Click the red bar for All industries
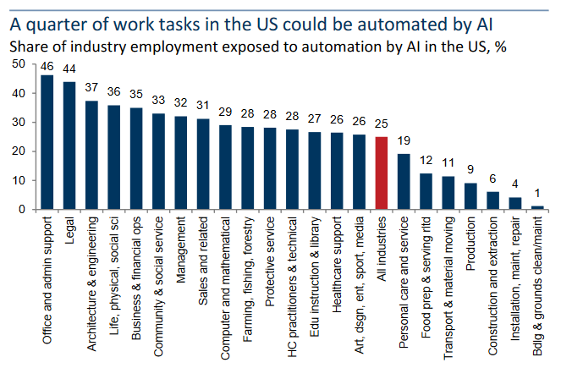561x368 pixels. pyautogui.click(x=382, y=173)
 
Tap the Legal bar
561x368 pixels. pyautogui.click(x=69, y=146)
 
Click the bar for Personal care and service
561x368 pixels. pyautogui.click(x=404, y=181)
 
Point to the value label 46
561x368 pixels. pyautogui.click(x=47, y=65)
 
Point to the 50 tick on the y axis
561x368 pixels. pyautogui.click(x=19, y=64)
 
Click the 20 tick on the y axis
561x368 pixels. pyautogui.click(x=19, y=151)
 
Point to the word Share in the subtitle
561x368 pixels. pyautogui.click(x=31, y=44)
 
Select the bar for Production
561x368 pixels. pyautogui.click(x=471, y=196)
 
